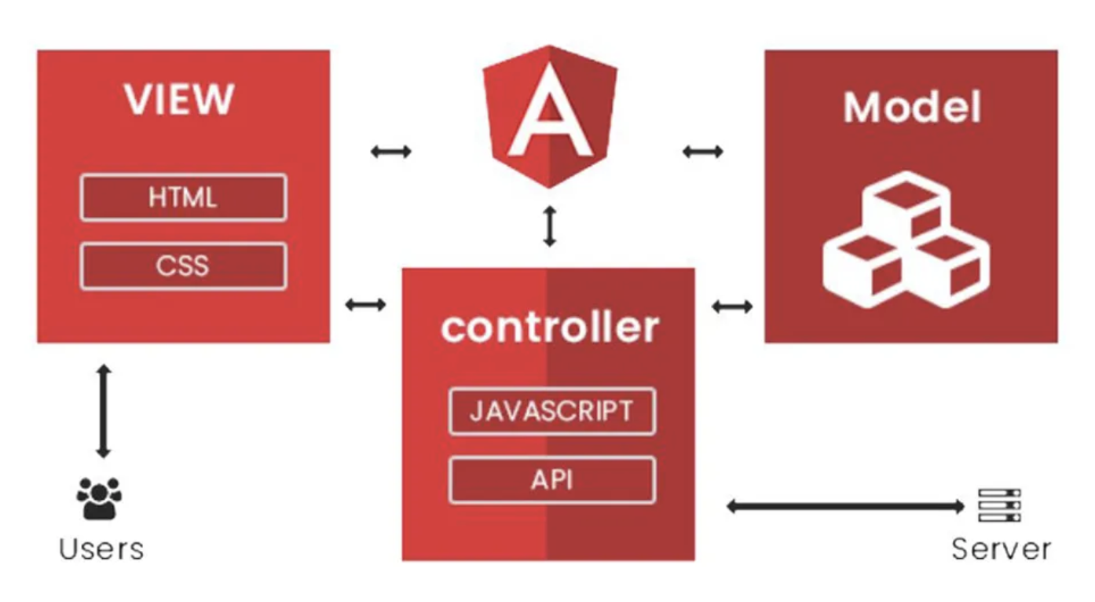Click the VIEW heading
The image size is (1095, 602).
pos(179,100)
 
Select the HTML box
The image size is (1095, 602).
pos(183,197)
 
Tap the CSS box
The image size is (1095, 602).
pos(183,266)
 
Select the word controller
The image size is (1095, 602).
pos(549,327)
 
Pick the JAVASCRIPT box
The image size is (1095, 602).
pos(551,411)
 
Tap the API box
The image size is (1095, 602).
pos(551,479)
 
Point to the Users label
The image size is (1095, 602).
pos(101,549)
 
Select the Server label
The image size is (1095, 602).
pos(1001,549)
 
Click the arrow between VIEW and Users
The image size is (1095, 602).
pos(103,410)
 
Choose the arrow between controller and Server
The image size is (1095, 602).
pos(845,506)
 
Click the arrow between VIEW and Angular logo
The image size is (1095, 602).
pos(390,152)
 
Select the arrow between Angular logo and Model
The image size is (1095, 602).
pos(702,152)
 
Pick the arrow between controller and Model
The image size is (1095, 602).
pos(731,306)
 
